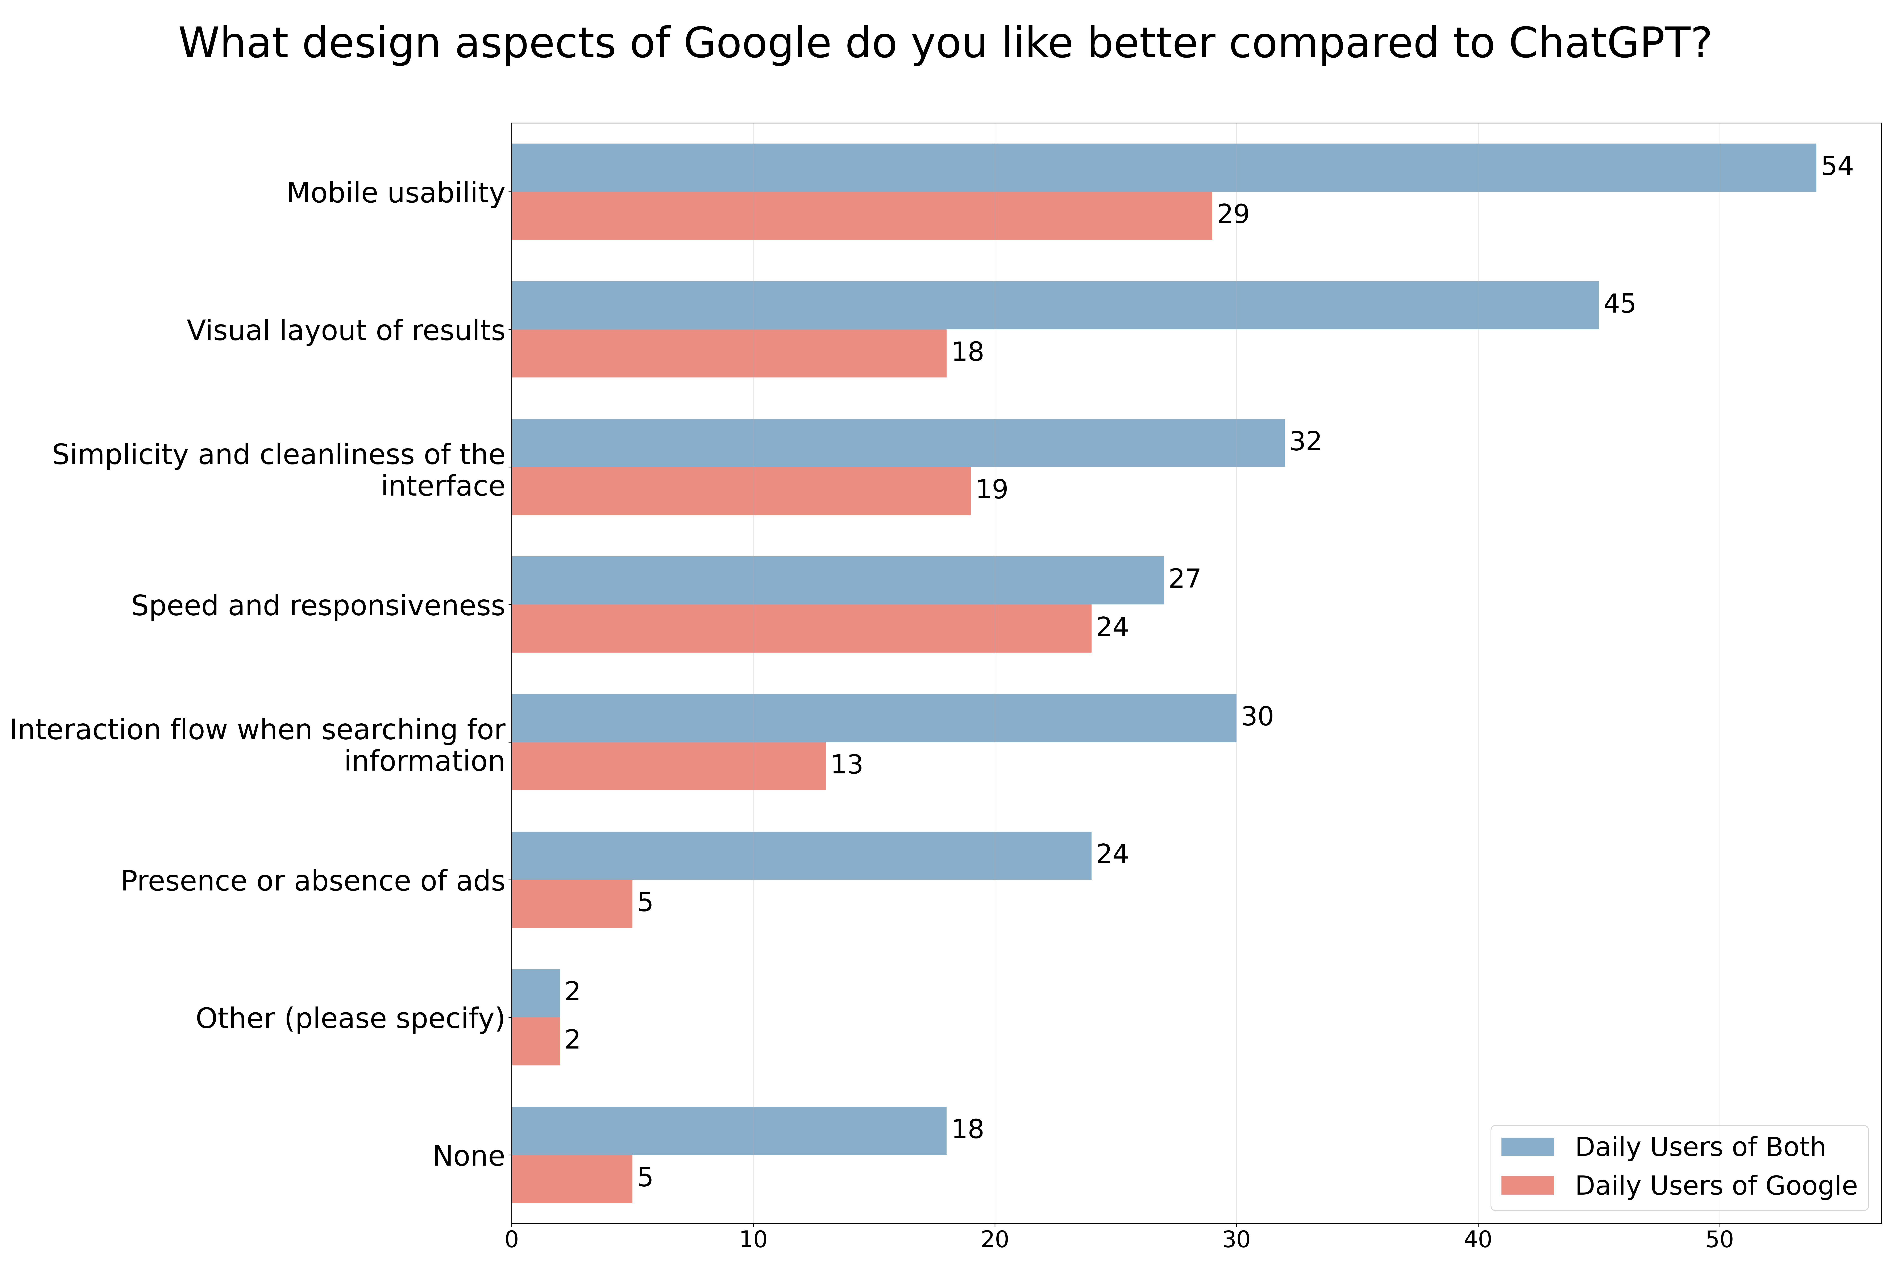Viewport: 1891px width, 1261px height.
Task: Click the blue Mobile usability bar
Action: [x=1163, y=167]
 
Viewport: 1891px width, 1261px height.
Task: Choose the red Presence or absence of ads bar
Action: [x=572, y=903]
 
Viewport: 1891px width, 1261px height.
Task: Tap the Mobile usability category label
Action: [x=396, y=193]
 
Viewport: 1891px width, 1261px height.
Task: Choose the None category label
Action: [x=469, y=1156]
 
